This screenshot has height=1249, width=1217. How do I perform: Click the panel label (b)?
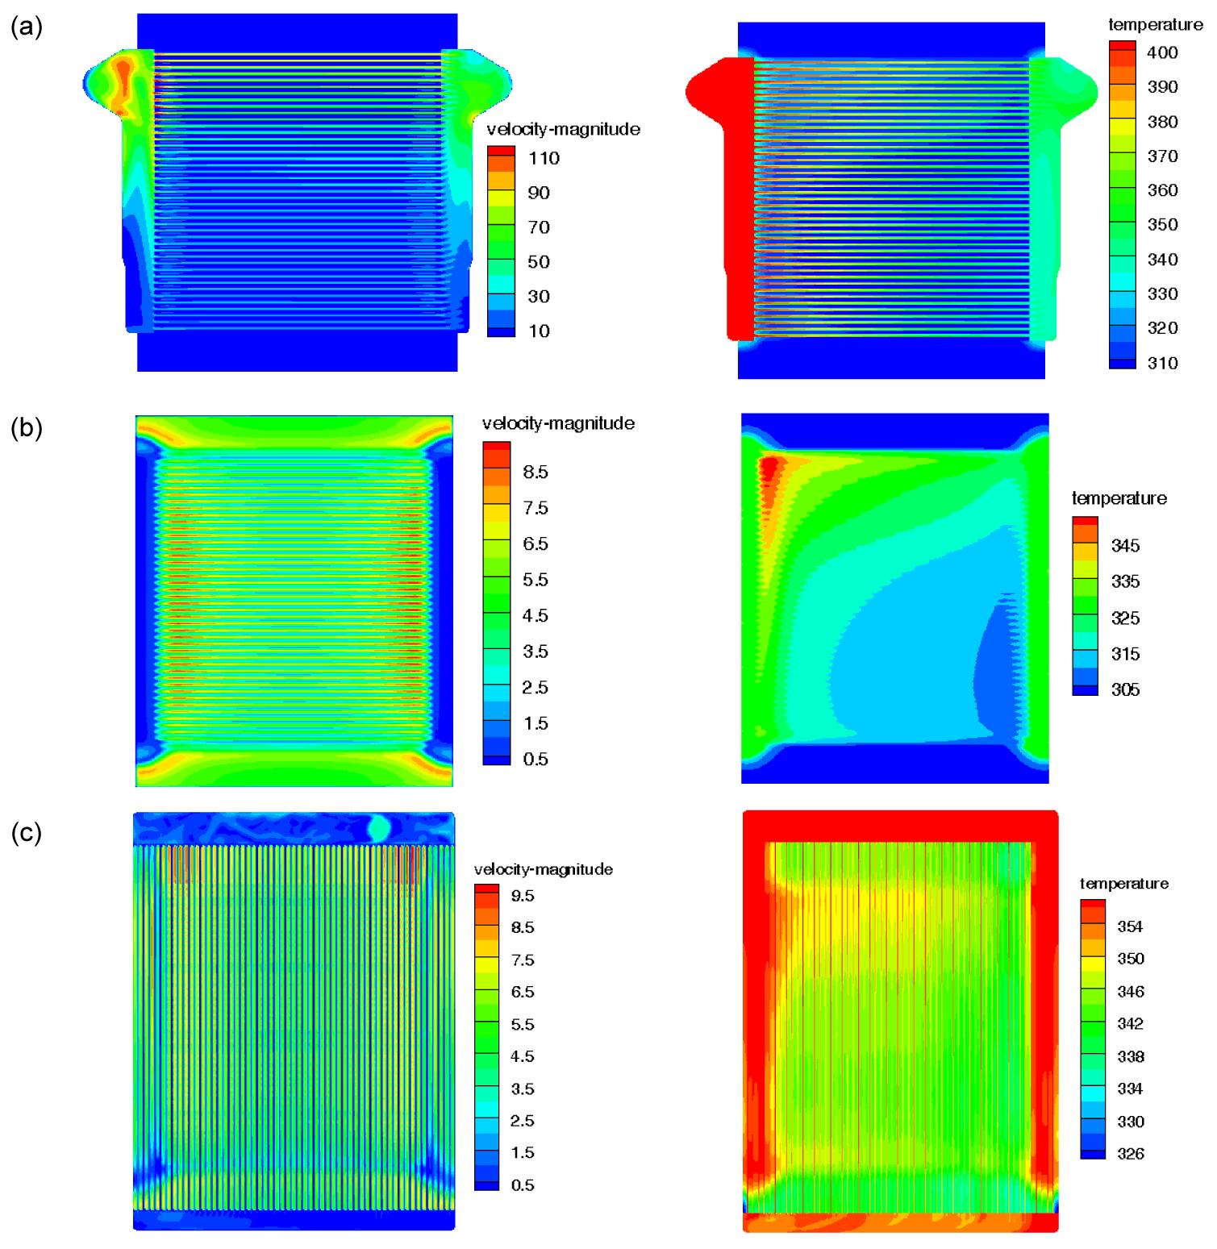pos(27,427)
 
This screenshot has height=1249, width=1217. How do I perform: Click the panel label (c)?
pos(27,832)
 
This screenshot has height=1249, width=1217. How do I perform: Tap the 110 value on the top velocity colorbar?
pos(544,158)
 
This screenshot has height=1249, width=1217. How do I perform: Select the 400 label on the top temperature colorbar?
pos(1162,53)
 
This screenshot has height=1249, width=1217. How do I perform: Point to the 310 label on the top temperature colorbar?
pos(1162,363)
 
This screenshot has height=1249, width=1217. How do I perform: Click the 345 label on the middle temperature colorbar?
pos(1125,546)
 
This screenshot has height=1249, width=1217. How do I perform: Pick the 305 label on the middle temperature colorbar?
pos(1125,689)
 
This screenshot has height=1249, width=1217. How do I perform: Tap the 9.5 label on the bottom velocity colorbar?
pos(523,896)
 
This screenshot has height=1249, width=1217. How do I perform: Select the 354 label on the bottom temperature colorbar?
pos(1130,927)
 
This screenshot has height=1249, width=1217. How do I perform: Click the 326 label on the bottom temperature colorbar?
pos(1130,1154)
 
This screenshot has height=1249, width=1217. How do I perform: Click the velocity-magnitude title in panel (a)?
pos(563,129)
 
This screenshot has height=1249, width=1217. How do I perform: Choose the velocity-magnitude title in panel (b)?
pos(558,423)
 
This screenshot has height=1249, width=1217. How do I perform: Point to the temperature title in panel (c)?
pos(1123,884)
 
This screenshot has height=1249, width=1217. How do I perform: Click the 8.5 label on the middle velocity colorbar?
pos(536,473)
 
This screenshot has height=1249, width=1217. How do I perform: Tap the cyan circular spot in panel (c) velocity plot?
pos(379,828)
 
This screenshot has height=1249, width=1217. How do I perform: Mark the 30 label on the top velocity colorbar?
pos(539,297)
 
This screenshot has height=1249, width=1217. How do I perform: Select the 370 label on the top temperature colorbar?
pos(1162,156)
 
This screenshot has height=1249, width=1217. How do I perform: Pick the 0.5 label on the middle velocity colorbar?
pos(536,760)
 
